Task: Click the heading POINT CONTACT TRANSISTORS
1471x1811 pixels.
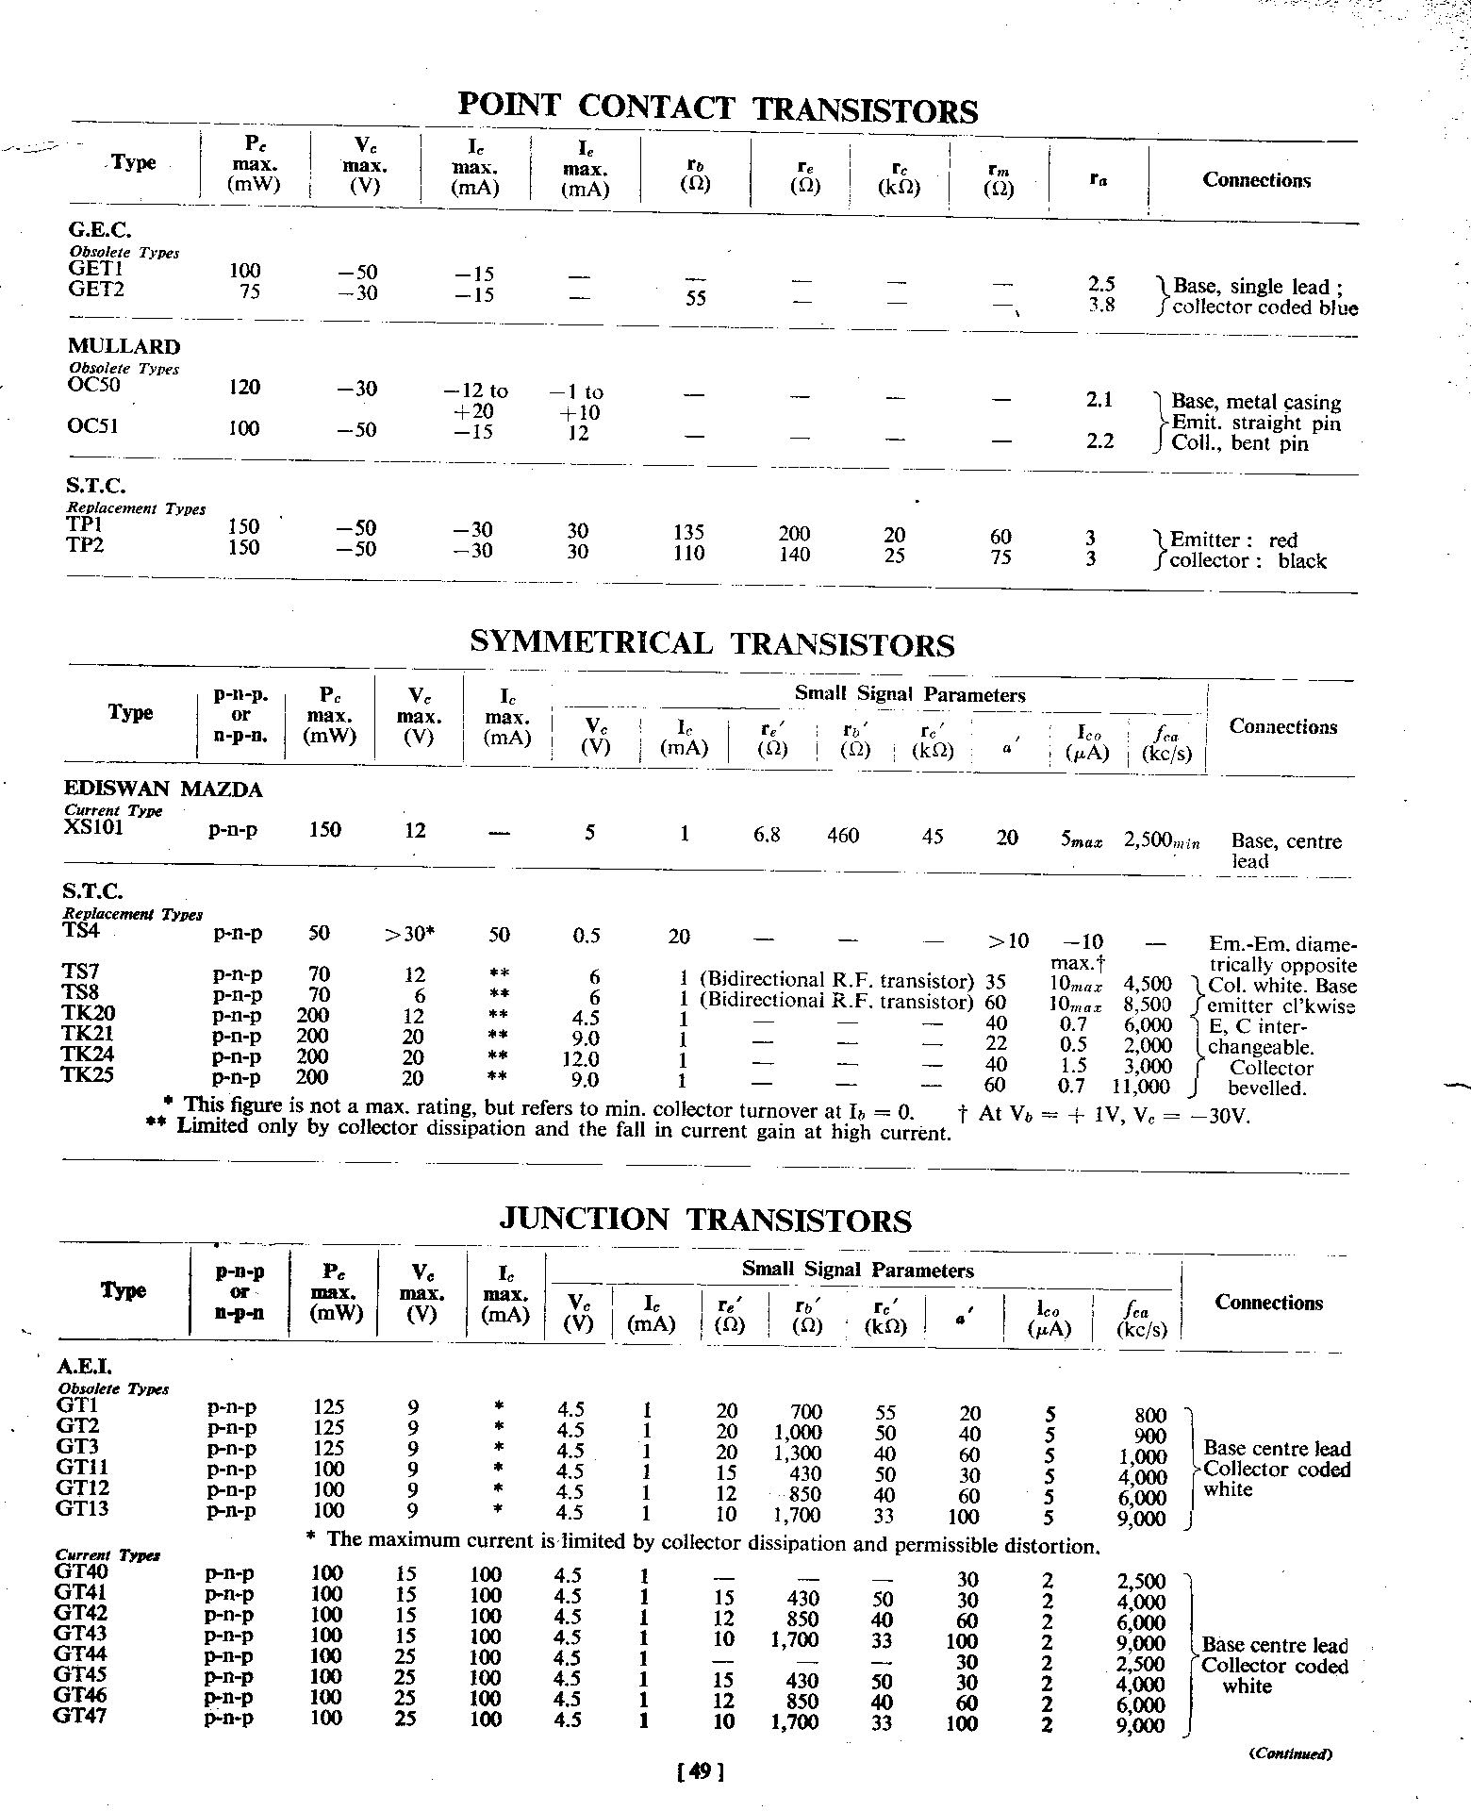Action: [717, 108]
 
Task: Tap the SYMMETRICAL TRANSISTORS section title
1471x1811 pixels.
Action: [712, 643]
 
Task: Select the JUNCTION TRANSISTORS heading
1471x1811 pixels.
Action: [704, 1220]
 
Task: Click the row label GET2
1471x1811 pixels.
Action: [97, 290]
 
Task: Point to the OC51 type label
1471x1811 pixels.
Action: [92, 426]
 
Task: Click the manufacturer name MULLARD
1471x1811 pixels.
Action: [124, 346]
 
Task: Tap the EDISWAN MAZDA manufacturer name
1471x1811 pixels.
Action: [163, 789]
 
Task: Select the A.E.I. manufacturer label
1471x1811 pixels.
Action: [85, 1365]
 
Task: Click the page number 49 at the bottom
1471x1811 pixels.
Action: [700, 1772]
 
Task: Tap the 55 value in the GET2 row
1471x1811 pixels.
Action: [696, 298]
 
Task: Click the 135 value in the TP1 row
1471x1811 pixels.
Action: [689, 533]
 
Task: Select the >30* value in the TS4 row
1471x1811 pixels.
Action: [409, 935]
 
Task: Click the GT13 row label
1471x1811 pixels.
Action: [82, 1508]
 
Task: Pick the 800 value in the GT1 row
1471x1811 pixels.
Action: [1150, 1415]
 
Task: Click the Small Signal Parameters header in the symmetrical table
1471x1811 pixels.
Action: [909, 695]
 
